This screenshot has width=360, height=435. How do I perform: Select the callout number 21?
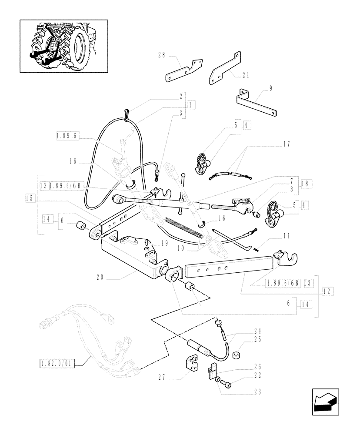pos(246,76)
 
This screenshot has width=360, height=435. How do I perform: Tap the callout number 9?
pos(270,88)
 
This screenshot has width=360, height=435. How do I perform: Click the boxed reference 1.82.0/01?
pos(57,363)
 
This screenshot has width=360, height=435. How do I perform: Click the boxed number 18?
pos(304,184)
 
